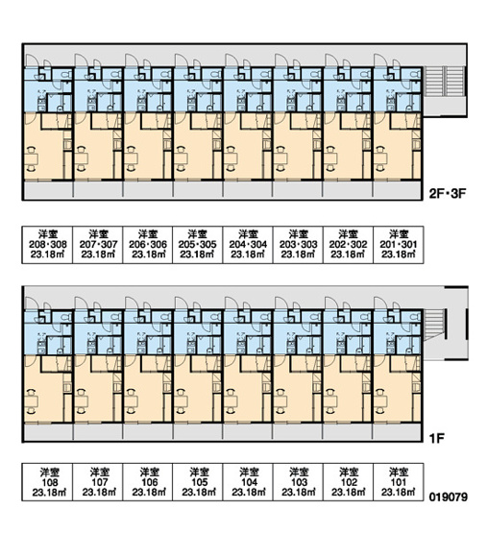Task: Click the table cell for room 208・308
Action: (47, 245)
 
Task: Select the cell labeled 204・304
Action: (248, 245)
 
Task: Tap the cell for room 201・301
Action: (399, 245)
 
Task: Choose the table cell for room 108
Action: (47, 482)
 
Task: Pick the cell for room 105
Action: (198, 482)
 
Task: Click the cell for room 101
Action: (399, 482)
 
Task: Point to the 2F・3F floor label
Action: (447, 194)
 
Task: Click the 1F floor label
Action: (437, 439)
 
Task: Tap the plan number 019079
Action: (449, 497)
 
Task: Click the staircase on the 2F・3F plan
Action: (445, 81)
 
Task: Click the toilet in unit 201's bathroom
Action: (415, 74)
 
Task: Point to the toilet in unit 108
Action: (65, 317)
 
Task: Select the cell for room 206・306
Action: (148, 245)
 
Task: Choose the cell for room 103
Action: (298, 482)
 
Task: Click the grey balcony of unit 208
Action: (48, 189)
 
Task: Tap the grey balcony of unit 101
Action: (398, 432)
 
